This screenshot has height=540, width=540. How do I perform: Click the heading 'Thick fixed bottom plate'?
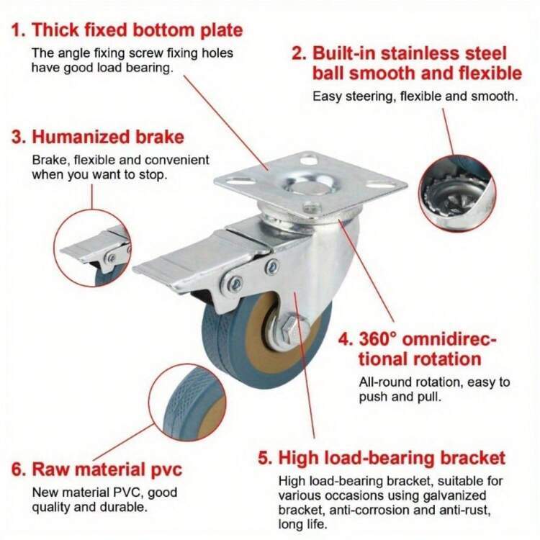tap(137, 30)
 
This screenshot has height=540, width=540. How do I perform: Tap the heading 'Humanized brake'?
tap(108, 137)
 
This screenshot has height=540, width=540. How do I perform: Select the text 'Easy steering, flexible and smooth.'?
tap(415, 96)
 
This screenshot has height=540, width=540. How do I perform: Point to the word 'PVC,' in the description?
tap(124, 493)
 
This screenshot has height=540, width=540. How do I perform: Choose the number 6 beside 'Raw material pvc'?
tap(18, 471)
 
